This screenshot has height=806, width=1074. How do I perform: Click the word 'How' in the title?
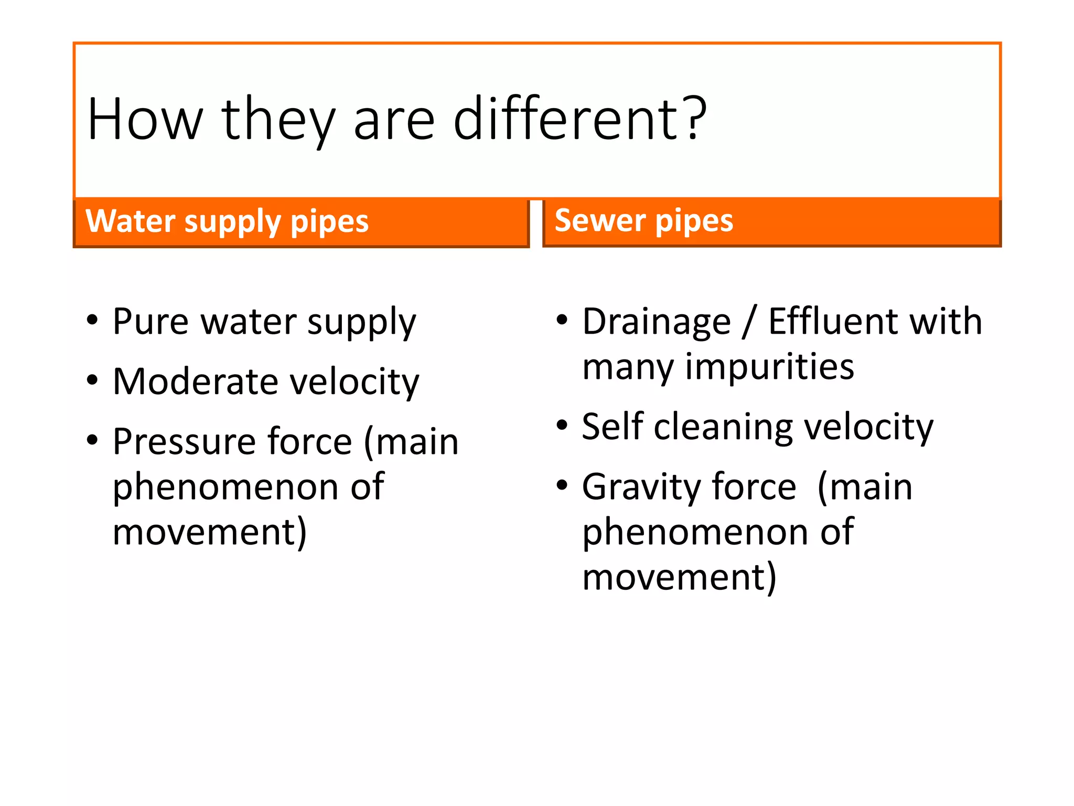click(145, 120)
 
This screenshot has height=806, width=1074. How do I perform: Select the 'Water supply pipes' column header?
click(227, 221)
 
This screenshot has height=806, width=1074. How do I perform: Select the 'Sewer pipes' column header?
click(643, 220)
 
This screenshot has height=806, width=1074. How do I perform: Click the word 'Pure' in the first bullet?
click(151, 321)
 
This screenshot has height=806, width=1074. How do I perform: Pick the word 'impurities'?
click(770, 367)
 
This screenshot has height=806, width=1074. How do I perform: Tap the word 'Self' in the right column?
click(613, 426)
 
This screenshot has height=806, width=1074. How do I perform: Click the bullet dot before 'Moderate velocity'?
click(92, 380)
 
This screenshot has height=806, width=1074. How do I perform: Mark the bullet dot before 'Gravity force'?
click(562, 485)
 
